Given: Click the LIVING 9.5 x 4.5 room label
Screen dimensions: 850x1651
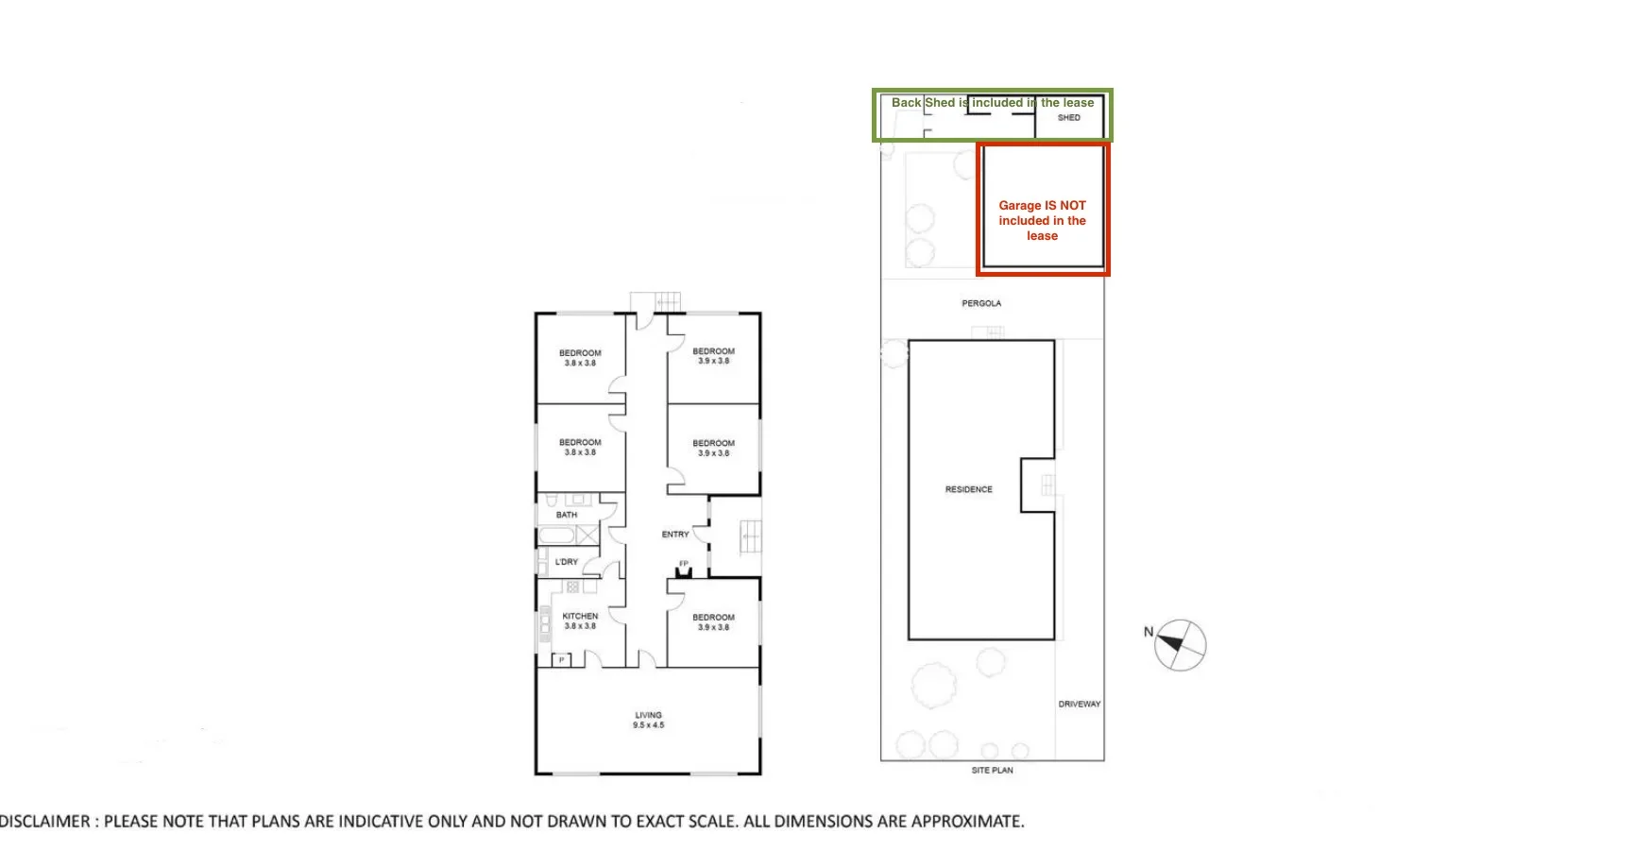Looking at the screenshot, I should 648,720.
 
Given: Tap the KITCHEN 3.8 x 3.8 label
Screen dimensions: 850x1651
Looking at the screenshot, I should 580,620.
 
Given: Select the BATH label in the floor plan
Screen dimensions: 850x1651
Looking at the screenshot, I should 567,515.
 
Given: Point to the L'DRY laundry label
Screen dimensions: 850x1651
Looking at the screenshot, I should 567,562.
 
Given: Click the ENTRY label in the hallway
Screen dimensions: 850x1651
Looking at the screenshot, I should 675,535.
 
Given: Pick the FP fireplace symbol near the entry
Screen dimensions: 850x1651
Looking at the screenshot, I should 684,569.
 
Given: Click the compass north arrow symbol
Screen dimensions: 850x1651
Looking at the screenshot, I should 1180,646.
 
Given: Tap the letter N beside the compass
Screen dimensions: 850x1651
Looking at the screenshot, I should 1149,632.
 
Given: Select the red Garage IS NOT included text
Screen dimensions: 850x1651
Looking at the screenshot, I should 1042,220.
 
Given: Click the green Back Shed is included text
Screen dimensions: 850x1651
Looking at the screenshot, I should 992,102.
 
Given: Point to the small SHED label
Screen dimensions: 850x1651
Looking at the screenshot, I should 1069,118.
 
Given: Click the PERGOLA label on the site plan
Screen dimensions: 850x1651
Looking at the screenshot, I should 981,303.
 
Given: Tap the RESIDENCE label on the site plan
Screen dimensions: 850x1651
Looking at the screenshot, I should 968,489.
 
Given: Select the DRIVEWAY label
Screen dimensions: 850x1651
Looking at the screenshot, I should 1079,704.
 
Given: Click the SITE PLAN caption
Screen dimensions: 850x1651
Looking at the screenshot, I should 992,771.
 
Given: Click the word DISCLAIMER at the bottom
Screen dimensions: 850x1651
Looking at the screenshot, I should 44,822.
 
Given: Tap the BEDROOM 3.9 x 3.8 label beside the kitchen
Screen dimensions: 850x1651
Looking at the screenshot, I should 713,621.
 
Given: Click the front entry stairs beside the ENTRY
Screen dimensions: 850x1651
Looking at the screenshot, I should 749,536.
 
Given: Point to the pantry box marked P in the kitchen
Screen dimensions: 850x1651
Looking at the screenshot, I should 562,659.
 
